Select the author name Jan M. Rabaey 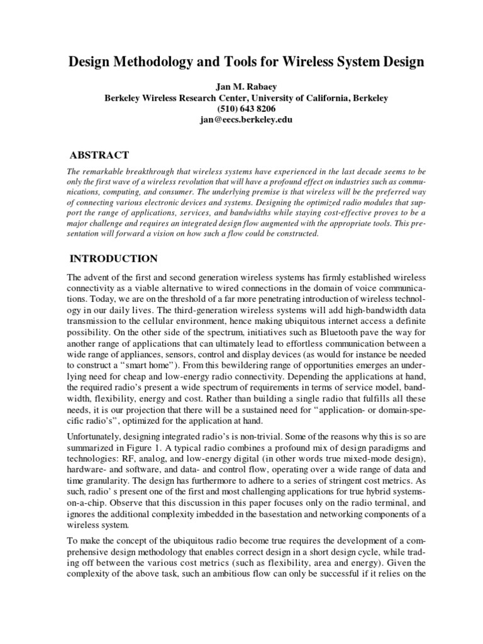click(242, 87)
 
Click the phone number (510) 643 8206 click(242, 108)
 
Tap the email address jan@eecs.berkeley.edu click(242, 119)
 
